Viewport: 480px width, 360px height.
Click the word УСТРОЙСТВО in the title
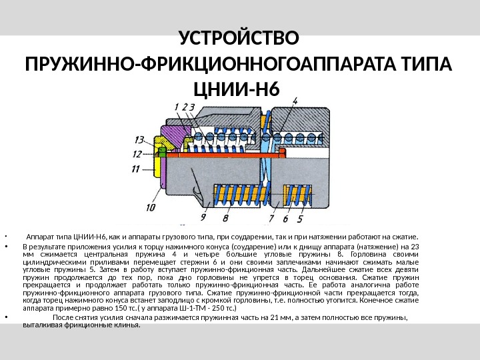(x=241, y=35)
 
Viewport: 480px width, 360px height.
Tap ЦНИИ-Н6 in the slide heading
(x=237, y=89)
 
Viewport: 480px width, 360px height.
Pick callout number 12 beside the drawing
(x=137, y=153)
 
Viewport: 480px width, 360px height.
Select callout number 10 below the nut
(x=151, y=207)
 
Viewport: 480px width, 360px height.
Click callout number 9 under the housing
(x=203, y=217)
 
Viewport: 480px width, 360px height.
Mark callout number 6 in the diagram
(x=285, y=218)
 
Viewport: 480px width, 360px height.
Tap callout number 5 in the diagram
(x=299, y=218)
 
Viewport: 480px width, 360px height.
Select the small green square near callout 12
(x=161, y=152)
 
